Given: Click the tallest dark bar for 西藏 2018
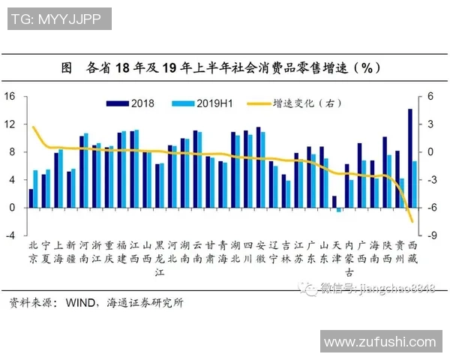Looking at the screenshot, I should click(410, 157).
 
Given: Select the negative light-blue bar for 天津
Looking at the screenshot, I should click(339, 210).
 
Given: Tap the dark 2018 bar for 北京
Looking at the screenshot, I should click(31, 199).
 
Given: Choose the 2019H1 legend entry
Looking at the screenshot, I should click(196, 103).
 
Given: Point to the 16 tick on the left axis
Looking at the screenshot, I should click(10, 97).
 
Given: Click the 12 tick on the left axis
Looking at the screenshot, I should click(10, 124).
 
